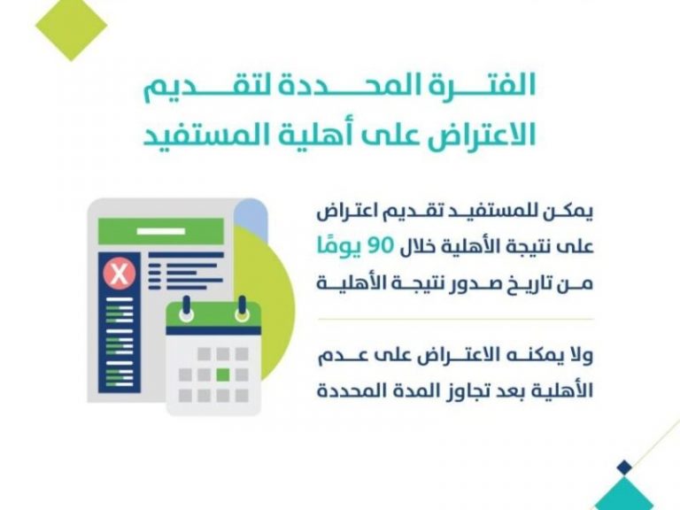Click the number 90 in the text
point(381,246)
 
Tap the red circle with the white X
point(120,274)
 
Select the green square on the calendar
point(223,375)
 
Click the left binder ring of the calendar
point(187,309)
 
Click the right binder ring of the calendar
point(242,309)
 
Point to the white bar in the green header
point(161,232)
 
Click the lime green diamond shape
point(71,26)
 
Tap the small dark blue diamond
point(624,467)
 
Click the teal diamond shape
point(624,494)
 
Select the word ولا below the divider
point(582,356)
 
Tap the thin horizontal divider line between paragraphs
point(455,319)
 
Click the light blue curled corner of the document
point(251,213)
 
